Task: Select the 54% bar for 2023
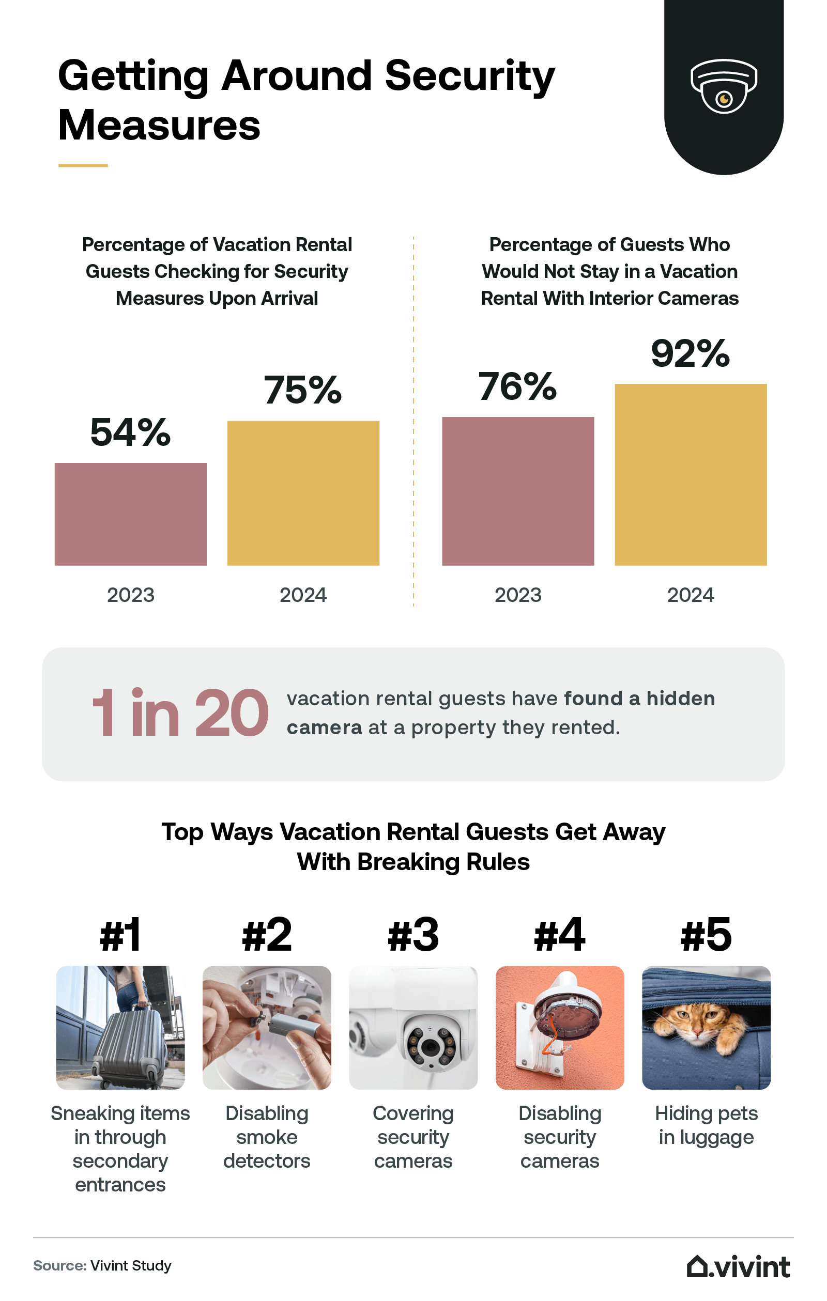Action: (x=130, y=514)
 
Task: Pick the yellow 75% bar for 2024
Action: (x=303, y=493)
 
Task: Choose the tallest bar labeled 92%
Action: (x=690, y=474)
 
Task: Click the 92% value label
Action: (x=690, y=354)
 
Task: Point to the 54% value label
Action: (x=130, y=433)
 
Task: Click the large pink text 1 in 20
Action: (x=179, y=713)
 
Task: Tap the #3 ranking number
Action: (x=413, y=935)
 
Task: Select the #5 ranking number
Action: (x=706, y=935)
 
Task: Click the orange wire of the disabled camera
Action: (x=550, y=1040)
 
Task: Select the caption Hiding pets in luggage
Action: (x=706, y=1125)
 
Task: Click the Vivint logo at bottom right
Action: (x=738, y=1266)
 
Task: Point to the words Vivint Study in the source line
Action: (x=131, y=1266)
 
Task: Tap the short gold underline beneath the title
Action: (x=83, y=165)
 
